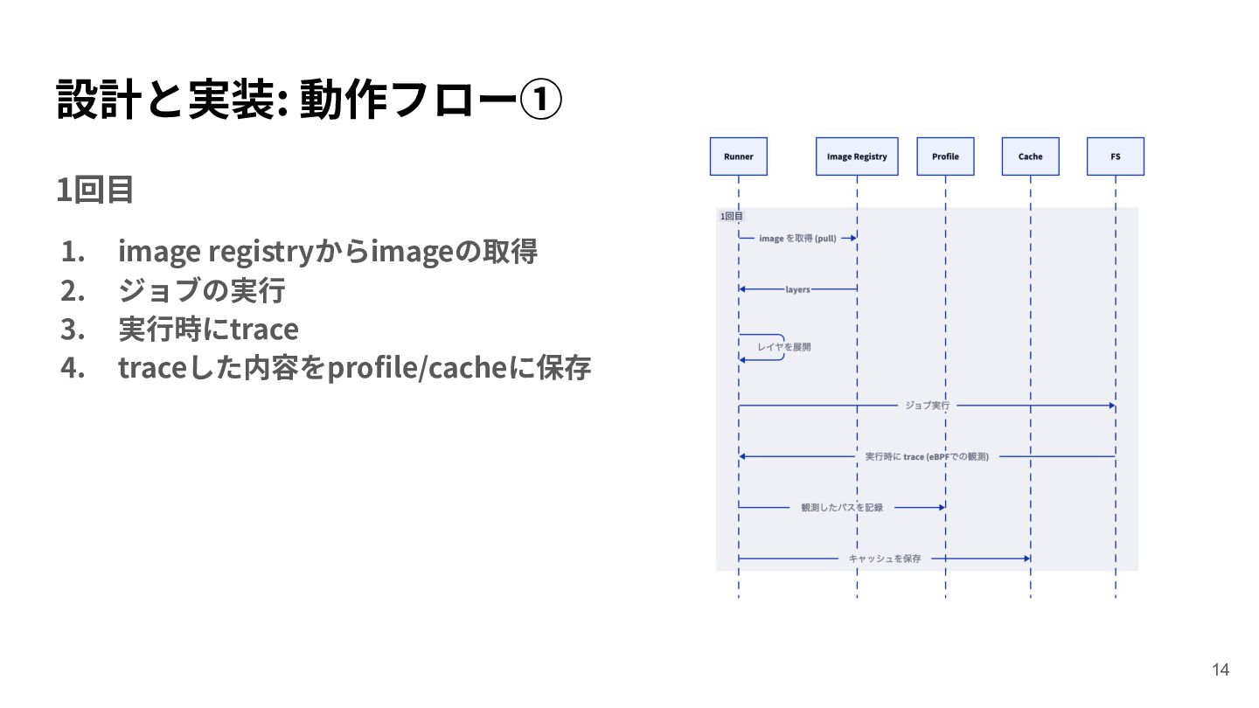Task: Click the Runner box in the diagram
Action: tap(738, 156)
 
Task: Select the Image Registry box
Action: tap(857, 156)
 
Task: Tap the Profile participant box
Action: tap(945, 156)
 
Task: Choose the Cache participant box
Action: tap(1030, 156)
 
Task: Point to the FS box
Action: tap(1115, 156)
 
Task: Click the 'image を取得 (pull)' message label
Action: tap(797, 239)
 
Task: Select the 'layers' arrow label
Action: tap(797, 289)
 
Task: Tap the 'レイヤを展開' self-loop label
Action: tap(783, 347)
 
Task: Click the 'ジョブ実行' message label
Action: tap(927, 406)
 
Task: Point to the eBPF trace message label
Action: tap(926, 456)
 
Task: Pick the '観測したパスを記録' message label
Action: tap(841, 507)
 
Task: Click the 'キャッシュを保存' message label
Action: tap(884, 559)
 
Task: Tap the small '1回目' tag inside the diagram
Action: tap(731, 216)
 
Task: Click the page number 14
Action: tap(1221, 670)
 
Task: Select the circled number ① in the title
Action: tap(540, 99)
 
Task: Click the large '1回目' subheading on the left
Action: tap(94, 190)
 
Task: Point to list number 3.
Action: tap(73, 330)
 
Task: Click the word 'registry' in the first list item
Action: tap(261, 251)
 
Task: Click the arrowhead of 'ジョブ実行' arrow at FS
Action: tap(1112, 406)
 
